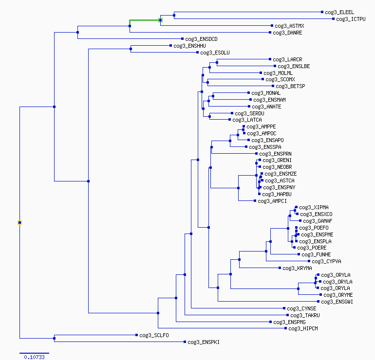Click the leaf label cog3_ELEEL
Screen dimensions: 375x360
[339, 12]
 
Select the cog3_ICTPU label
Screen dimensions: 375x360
[351, 19]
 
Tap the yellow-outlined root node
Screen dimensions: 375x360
[20, 223]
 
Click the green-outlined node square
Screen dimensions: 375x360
[161, 20]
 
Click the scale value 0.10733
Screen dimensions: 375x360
[34, 357]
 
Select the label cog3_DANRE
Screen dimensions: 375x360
[287, 33]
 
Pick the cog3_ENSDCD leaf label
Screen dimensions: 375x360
[201, 39]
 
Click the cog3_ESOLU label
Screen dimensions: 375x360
[215, 53]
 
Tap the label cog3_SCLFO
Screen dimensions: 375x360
[154, 335]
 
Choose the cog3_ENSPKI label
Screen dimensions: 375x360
[204, 342]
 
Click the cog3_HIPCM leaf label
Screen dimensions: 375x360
[303, 328]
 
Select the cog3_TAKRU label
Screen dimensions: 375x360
[305, 315]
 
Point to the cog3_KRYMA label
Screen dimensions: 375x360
[297, 268]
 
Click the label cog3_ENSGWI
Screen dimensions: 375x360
[337, 302]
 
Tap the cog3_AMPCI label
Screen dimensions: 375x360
[272, 201]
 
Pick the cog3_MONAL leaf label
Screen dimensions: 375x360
[266, 93]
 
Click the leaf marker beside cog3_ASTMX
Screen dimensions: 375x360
[272, 26]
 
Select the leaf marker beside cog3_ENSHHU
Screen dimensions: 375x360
[170, 45]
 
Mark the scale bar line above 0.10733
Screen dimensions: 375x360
[34, 353]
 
